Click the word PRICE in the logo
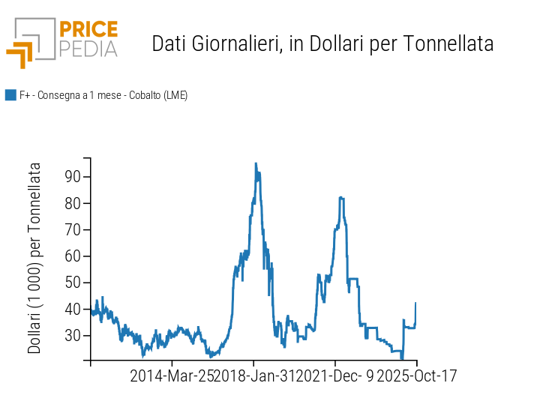click(88, 30)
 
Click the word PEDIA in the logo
click(88, 49)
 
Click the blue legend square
click(10, 95)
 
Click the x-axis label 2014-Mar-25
click(172, 376)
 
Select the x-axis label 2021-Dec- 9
click(335, 376)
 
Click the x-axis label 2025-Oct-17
click(416, 376)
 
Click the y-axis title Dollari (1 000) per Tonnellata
click(34, 259)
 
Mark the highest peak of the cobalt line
click(256, 163)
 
